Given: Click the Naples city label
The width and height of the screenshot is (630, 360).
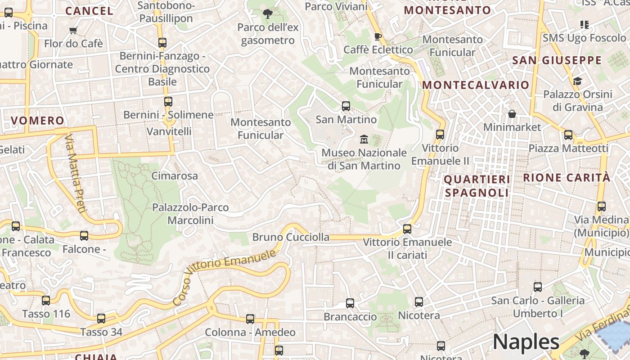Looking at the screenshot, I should pyautogui.click(x=526, y=342).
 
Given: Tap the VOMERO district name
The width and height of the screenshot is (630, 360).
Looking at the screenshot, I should pyautogui.click(x=38, y=121).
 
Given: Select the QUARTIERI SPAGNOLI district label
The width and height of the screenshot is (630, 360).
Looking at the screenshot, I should pyautogui.click(x=477, y=186).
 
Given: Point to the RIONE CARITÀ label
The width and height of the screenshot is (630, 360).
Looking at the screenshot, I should pyautogui.click(x=567, y=177).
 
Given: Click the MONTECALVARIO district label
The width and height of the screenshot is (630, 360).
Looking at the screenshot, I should pyautogui.click(x=476, y=85).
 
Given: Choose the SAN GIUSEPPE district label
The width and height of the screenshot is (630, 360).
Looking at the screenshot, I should pyautogui.click(x=557, y=60).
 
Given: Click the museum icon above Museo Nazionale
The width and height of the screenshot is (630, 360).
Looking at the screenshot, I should pyautogui.click(x=364, y=139).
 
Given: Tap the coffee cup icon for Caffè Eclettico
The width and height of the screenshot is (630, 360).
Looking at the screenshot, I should pyautogui.click(x=378, y=36).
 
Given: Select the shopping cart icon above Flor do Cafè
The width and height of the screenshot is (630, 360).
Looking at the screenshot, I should pyautogui.click(x=73, y=31).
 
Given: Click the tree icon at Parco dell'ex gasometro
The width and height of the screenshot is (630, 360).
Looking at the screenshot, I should pyautogui.click(x=268, y=14).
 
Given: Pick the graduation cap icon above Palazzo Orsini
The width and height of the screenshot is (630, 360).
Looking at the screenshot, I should pyautogui.click(x=577, y=81).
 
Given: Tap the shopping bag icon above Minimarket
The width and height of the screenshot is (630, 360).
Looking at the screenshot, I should pyautogui.click(x=512, y=114).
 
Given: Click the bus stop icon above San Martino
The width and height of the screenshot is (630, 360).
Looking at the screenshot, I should pyautogui.click(x=346, y=106).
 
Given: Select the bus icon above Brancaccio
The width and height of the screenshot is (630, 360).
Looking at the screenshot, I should pyautogui.click(x=350, y=303).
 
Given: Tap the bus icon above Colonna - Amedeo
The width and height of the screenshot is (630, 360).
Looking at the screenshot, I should pyautogui.click(x=250, y=319).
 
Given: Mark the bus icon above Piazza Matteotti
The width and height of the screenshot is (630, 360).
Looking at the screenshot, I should pyautogui.click(x=568, y=135).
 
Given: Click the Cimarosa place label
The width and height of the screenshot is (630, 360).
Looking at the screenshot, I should pyautogui.click(x=175, y=175).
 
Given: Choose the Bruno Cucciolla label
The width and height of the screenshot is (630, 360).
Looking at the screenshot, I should pyautogui.click(x=291, y=237).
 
